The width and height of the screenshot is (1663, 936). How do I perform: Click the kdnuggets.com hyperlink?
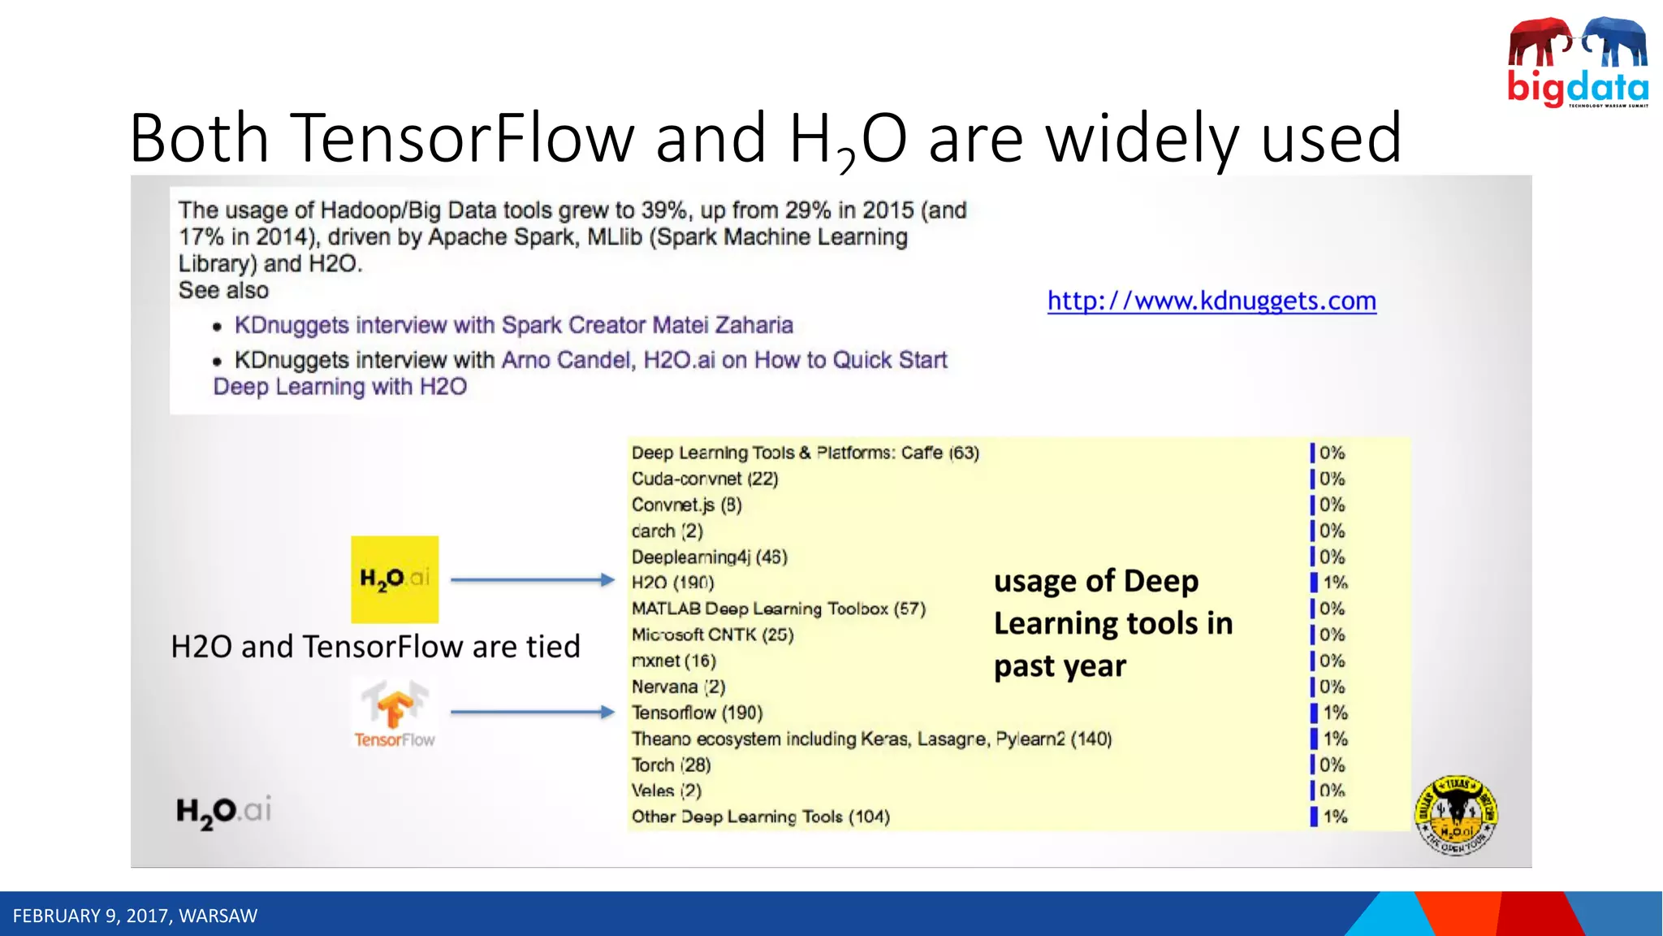1211,301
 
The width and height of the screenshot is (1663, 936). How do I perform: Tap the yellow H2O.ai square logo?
395,578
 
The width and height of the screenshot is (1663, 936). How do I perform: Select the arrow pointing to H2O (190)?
532,580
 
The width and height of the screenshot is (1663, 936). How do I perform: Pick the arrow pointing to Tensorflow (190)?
532,713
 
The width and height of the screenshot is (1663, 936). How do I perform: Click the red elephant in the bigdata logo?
1539,42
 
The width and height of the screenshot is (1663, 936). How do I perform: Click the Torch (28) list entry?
671,765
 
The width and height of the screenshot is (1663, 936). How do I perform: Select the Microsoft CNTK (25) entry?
712,635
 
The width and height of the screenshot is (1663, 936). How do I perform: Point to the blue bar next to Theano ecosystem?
1314,739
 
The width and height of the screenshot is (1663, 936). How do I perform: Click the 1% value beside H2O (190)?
1335,583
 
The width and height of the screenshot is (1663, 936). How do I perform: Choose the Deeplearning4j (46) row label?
709,557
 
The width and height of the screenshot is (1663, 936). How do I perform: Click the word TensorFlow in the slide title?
461,138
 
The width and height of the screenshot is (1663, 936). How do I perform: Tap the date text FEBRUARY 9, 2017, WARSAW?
135,916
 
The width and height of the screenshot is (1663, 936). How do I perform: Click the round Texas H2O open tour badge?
1456,815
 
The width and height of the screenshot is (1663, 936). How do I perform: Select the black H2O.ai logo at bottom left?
223,811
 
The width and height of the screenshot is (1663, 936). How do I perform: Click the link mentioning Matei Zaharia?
513,325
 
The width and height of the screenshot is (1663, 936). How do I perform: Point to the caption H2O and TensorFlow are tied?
375,647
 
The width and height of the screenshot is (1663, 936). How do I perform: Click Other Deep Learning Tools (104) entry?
760,817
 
